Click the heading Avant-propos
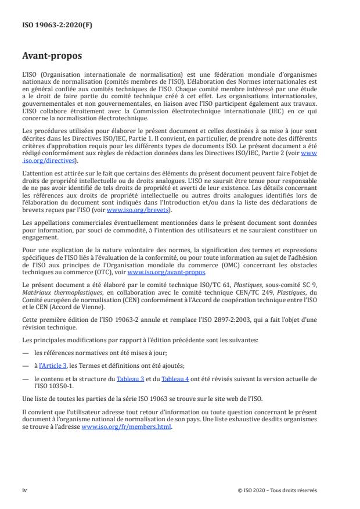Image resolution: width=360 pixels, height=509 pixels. click(x=52, y=56)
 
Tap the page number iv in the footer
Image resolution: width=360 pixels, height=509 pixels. click(x=24, y=490)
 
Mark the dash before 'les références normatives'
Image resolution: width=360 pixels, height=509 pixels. click(x=25, y=352)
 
